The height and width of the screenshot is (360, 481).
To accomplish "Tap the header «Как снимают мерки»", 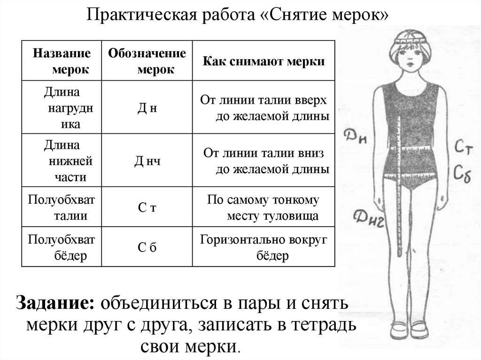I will click(x=264, y=62).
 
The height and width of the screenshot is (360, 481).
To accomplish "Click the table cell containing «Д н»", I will click(x=147, y=108).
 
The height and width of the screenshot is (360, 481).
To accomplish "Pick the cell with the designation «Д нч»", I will click(x=147, y=161).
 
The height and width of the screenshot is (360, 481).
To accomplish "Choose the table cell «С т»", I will click(x=147, y=208).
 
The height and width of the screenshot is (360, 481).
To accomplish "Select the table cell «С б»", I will click(x=147, y=247).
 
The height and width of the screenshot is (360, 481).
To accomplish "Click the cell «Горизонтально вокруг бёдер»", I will click(x=264, y=247).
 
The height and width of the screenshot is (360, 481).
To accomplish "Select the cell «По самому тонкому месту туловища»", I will click(x=264, y=208).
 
